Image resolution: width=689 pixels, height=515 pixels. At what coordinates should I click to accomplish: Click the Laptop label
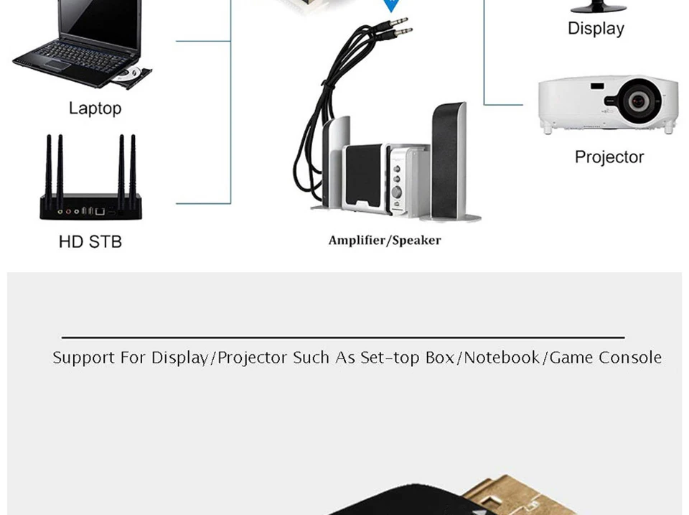tap(95, 108)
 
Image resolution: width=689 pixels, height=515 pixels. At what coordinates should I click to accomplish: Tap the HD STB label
tap(90, 242)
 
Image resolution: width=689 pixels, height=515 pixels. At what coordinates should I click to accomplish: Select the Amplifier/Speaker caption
tap(385, 240)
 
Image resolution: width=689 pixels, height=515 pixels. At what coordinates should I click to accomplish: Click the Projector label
tap(609, 157)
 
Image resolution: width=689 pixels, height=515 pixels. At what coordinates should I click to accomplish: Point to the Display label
tap(596, 29)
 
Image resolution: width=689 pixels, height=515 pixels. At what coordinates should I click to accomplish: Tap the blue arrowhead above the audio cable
tap(390, 6)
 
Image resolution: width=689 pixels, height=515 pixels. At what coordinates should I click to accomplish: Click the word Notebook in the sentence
tap(502, 358)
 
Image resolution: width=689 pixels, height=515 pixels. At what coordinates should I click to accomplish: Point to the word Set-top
tap(390, 358)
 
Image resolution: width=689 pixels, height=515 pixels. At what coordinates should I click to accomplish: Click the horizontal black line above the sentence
tap(343, 337)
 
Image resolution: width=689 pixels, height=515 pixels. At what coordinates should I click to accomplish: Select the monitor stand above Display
tap(597, 7)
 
